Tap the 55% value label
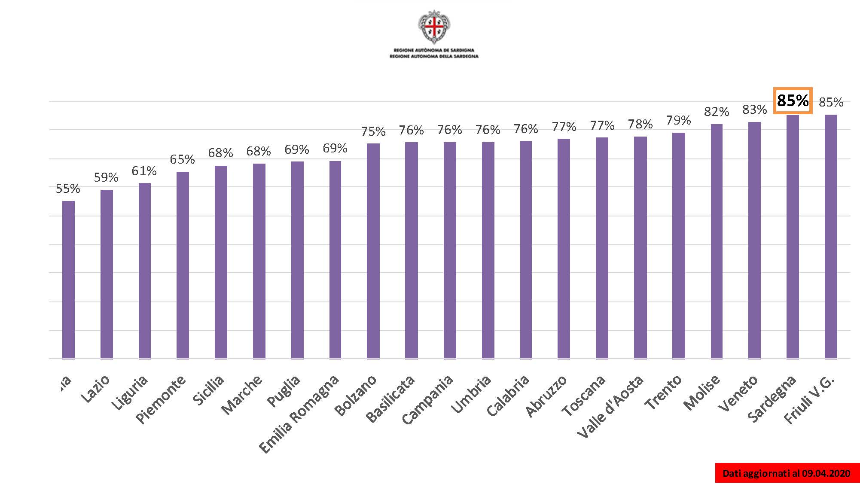coord(68,189)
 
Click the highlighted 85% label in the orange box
coord(793,101)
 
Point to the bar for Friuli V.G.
coord(831,236)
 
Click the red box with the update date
coord(787,473)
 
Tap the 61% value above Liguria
coord(144,171)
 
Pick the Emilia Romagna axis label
coord(299,414)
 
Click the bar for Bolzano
coord(373,251)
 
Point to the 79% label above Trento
coord(678,120)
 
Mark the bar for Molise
coord(717,241)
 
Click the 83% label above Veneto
coord(754,110)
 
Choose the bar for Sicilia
coord(221,262)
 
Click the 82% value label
coord(717,112)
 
